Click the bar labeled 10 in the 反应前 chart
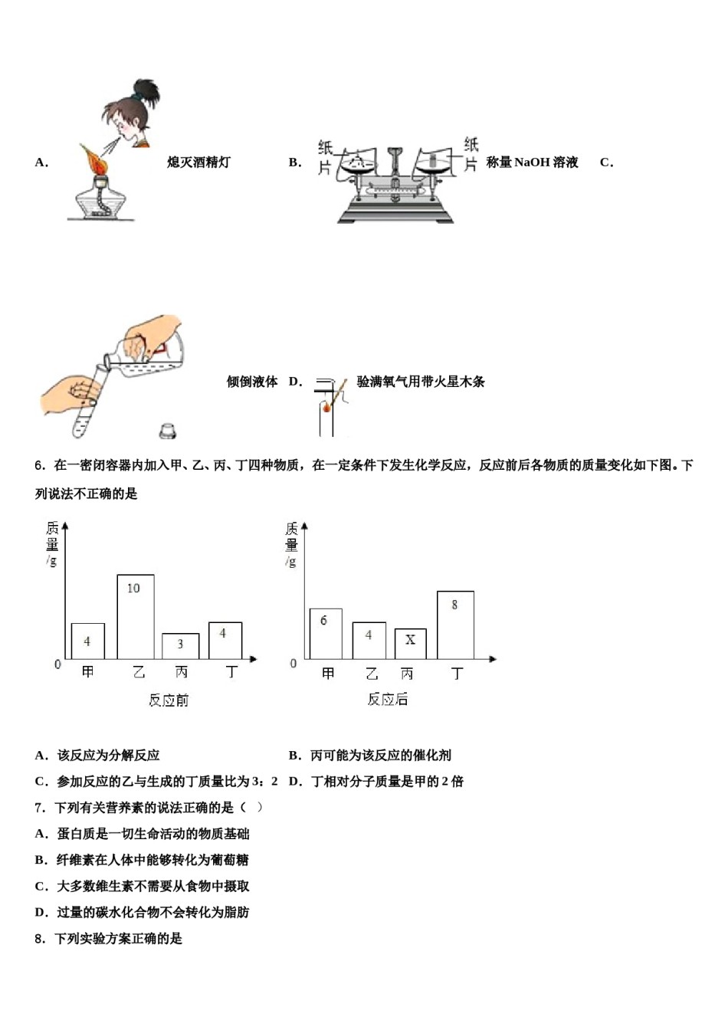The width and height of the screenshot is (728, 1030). pyautogui.click(x=135, y=616)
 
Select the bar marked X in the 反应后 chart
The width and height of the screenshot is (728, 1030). pyautogui.click(x=410, y=644)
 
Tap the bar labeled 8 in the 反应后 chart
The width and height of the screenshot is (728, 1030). pyautogui.click(x=455, y=625)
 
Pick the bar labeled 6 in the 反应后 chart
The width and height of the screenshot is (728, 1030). pyautogui.click(x=325, y=633)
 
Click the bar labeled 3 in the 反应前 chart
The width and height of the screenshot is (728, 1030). pyautogui.click(x=180, y=646)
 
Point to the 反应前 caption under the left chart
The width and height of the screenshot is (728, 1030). pyautogui.click(x=169, y=700)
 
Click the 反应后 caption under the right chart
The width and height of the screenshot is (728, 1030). pyautogui.click(x=388, y=699)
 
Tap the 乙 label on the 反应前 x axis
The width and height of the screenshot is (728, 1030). pyautogui.click(x=139, y=672)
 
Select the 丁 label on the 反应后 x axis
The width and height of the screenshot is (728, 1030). pyautogui.click(x=457, y=673)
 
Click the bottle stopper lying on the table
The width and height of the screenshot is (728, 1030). pyautogui.click(x=168, y=431)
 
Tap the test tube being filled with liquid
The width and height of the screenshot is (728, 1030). pyautogui.click(x=89, y=402)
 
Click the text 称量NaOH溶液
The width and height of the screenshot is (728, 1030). pyautogui.click(x=532, y=162)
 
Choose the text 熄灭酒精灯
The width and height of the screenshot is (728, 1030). pyautogui.click(x=198, y=162)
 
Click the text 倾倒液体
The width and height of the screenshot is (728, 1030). pyautogui.click(x=251, y=382)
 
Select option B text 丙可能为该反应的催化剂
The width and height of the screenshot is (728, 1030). pyautogui.click(x=380, y=756)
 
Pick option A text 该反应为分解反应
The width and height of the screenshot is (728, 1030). pyautogui.click(x=108, y=756)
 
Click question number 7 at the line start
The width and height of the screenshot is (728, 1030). pyautogui.click(x=40, y=808)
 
